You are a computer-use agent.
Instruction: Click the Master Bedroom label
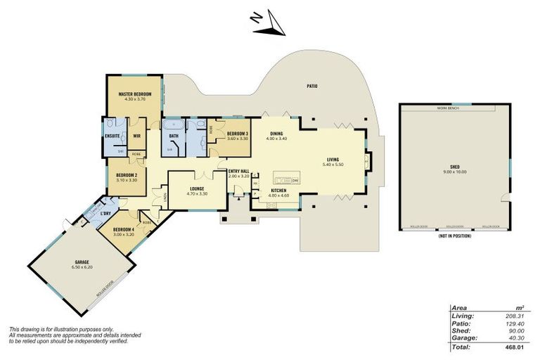(135, 94)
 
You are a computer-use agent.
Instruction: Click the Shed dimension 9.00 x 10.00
(455, 172)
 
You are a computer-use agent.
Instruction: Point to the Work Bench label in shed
(447, 109)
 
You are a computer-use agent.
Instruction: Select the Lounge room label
(196, 188)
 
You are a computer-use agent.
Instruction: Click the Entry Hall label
(240, 171)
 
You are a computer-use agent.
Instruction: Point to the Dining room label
(277, 134)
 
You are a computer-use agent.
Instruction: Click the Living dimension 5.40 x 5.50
(333, 164)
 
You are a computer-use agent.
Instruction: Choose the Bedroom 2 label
(127, 176)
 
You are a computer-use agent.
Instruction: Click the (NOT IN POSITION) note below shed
(454, 236)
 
